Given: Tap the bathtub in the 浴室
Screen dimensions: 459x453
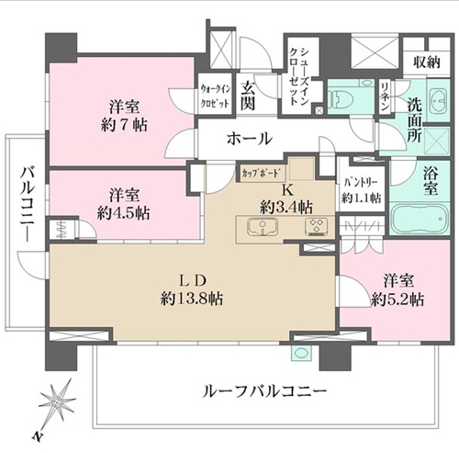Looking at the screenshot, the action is tap(420, 220).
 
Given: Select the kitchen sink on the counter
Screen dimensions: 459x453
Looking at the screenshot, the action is tap(263, 228).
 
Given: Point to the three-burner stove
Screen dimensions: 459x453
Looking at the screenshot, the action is tap(317, 227).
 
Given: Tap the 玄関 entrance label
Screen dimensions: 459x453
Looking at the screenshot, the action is tap(248, 96).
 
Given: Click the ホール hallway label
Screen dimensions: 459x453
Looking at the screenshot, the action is tap(250, 139).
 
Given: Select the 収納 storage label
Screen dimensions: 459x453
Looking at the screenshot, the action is tap(427, 62).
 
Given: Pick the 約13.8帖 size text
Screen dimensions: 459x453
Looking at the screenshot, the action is tap(192, 298).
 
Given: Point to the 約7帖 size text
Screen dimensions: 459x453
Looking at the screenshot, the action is tap(124, 125).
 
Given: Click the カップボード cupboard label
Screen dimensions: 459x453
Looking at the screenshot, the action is tap(261, 174).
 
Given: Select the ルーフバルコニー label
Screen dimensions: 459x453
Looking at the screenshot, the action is tap(264, 391).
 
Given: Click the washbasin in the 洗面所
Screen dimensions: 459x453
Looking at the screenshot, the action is tap(439, 99).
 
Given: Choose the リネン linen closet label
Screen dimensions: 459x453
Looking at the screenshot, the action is tap(385, 96).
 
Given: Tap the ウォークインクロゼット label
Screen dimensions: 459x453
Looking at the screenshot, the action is tap(215, 96).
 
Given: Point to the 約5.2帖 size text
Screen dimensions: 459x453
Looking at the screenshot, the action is tap(398, 300).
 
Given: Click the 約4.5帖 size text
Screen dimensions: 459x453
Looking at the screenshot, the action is tap(124, 212).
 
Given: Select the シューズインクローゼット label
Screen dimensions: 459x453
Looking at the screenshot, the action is tap(299, 77).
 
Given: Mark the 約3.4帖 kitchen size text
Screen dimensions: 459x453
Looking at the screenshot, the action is tap(286, 208).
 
